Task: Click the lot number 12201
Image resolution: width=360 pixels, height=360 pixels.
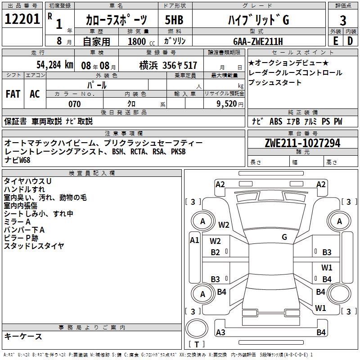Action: [22, 19]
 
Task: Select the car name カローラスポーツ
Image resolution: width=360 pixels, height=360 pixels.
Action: [116, 20]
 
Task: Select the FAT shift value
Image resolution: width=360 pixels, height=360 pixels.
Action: [13, 94]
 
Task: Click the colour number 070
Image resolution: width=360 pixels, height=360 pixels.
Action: [74, 104]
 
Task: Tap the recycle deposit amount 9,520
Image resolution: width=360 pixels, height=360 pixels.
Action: [226, 104]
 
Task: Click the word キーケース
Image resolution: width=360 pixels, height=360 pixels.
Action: [23, 336]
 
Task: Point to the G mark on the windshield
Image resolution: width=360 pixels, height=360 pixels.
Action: [284, 237]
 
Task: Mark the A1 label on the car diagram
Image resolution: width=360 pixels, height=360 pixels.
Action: [194, 240]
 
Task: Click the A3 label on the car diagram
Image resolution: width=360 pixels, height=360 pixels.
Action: [220, 333]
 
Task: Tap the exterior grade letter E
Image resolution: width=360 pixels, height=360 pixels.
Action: [335, 41]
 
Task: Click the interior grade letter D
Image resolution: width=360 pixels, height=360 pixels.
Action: [350, 41]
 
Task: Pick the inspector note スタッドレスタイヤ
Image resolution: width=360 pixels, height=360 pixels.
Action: [34, 246]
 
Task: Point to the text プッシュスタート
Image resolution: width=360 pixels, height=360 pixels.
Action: [275, 82]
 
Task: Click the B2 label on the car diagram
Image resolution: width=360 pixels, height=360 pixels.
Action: [216, 252]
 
